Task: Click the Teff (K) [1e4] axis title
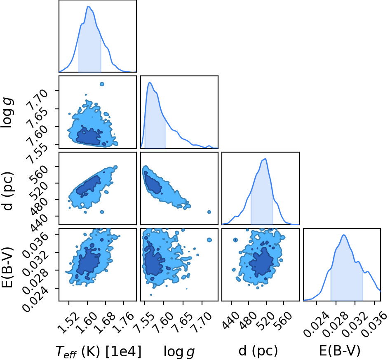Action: click(99, 352)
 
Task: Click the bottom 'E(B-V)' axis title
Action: click(340, 351)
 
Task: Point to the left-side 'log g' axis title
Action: click(8, 113)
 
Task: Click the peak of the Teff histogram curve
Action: click(88, 6)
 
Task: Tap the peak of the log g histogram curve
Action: click(150, 82)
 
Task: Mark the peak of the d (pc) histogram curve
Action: click(265, 159)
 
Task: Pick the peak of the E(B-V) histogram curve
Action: click(344, 235)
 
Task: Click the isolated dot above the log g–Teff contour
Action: click(102, 84)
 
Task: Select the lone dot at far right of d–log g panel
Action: click(209, 212)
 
